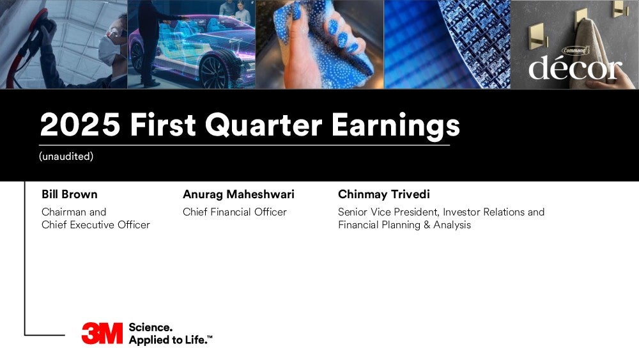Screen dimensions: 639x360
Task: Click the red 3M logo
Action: coord(102,334)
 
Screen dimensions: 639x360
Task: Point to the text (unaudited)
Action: coord(66,156)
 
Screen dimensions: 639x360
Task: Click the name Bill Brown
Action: coord(69,194)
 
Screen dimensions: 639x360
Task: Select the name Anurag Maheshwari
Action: coord(238,194)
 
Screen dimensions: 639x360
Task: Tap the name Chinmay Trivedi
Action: coord(384,194)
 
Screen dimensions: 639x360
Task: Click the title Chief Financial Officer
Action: coord(235,212)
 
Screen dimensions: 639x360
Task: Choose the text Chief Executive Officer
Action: coord(96,224)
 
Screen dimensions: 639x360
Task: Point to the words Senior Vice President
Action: coord(388,212)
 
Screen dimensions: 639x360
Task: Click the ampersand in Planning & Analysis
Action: coord(427,225)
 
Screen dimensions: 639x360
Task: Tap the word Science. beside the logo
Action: coord(150,327)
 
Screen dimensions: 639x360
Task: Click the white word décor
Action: coord(575,67)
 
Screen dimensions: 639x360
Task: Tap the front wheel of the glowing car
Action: coord(214,73)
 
